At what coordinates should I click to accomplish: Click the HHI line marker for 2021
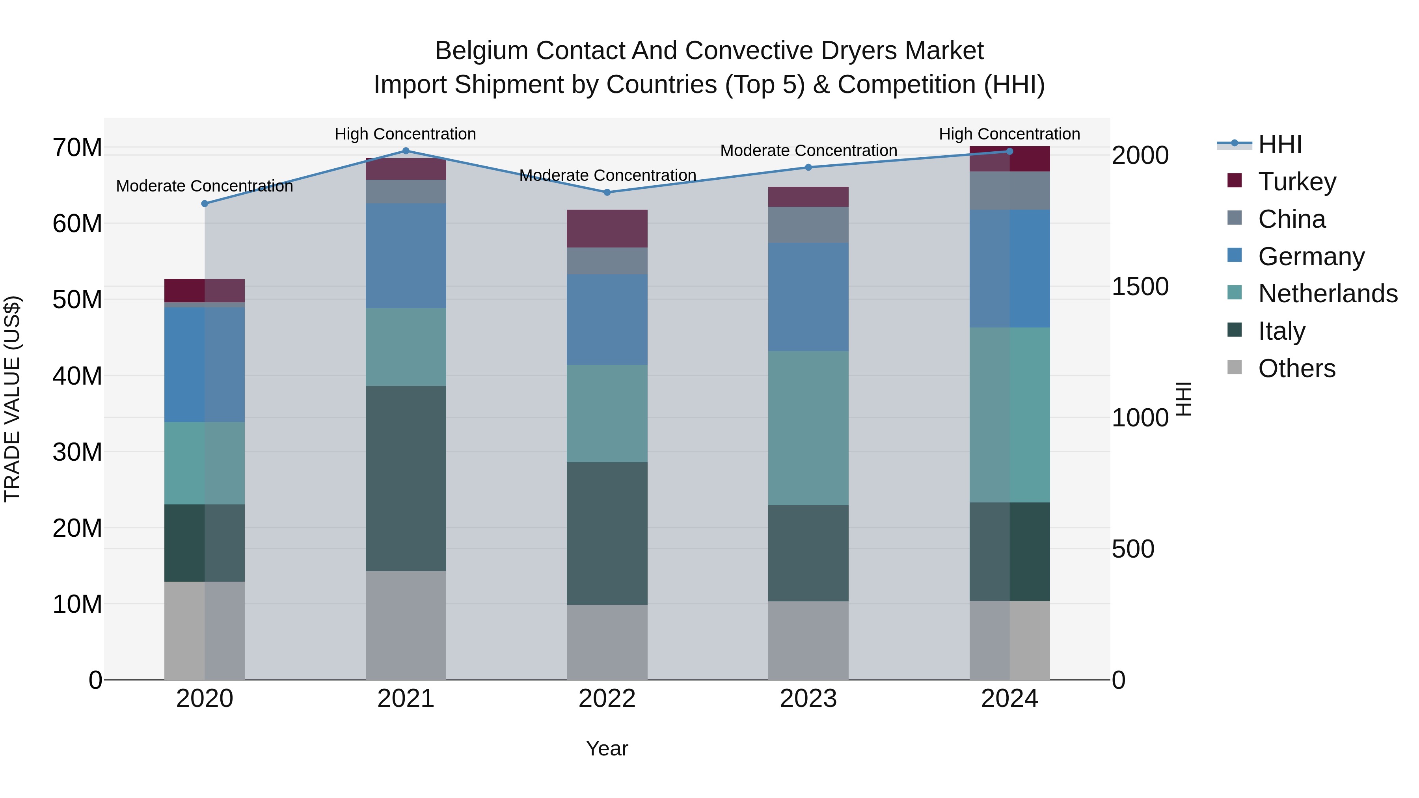406,151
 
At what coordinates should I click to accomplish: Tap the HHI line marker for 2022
607,192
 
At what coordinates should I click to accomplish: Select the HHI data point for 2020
205,204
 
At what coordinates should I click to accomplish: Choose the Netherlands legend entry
1328,294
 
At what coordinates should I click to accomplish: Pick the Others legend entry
1296,368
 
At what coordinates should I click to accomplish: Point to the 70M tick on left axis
77,148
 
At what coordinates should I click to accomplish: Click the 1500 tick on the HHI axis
1140,286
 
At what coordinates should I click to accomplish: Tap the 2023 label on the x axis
808,699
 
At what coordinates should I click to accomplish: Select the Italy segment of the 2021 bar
406,478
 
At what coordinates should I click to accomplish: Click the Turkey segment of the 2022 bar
607,229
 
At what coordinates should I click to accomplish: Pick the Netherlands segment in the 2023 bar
808,428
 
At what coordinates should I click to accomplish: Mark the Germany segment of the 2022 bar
607,320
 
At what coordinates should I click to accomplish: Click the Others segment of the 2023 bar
808,640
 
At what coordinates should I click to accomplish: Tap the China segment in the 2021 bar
406,192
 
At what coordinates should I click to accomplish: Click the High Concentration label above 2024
1009,134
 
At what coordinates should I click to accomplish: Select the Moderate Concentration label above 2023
808,151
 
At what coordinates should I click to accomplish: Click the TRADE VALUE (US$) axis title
12,399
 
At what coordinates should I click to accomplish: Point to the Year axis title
607,748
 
